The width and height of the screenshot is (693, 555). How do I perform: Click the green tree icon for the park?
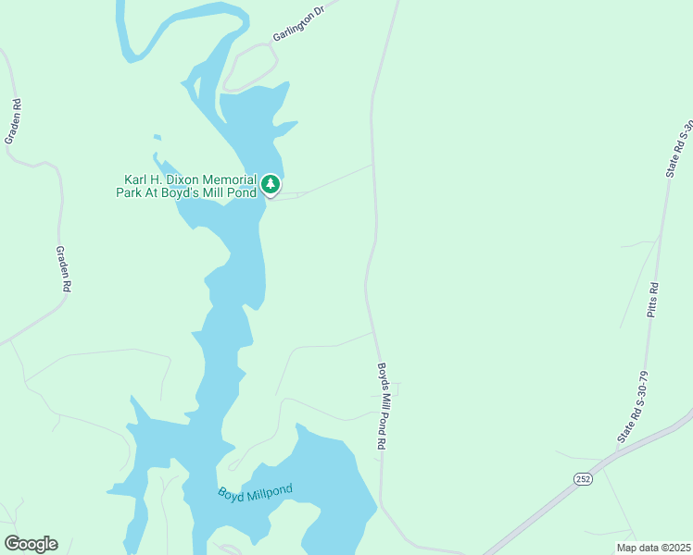(270, 185)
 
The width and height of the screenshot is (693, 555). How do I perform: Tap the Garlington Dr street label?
(299, 23)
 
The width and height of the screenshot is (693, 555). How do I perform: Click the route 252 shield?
(583, 478)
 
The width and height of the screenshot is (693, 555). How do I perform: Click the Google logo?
(31, 544)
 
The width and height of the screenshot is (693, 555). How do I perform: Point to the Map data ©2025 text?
(653, 548)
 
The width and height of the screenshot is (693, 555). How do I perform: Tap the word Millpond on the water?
(269, 490)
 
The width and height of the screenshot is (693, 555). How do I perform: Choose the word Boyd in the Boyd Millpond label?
(231, 495)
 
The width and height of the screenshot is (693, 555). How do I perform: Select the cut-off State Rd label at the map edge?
(679, 148)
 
